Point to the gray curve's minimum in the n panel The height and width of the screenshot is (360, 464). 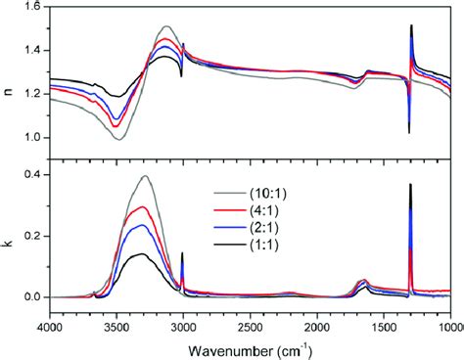tap(117, 139)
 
